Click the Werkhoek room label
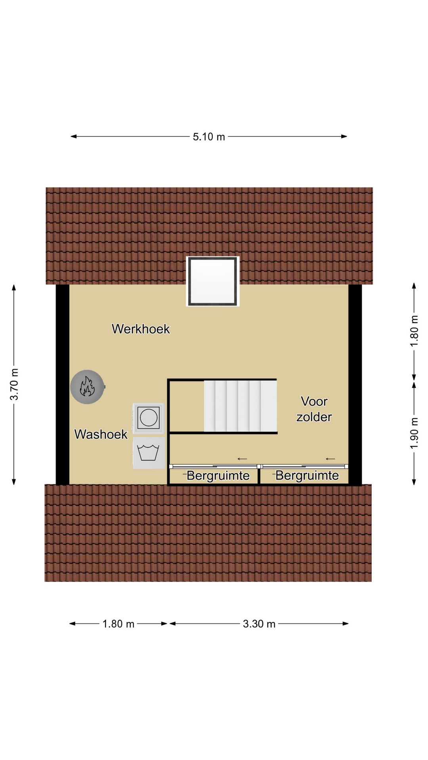click(141, 329)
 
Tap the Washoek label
click(101, 434)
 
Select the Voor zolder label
click(314, 409)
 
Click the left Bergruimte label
click(218, 475)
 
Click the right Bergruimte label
click(307, 475)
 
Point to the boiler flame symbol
click(87, 387)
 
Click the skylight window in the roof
click(213, 281)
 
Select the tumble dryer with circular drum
click(149, 418)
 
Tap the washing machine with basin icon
click(149, 453)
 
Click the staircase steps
click(240, 406)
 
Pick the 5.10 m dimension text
click(209, 137)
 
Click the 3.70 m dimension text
click(14, 384)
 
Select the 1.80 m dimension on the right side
click(414, 331)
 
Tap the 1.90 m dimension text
click(414, 433)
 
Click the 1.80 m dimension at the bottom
click(118, 624)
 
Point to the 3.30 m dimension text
click(259, 624)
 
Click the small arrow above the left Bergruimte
click(242, 459)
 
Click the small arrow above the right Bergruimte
click(331, 459)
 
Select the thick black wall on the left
click(63, 385)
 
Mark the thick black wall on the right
click(355, 385)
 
